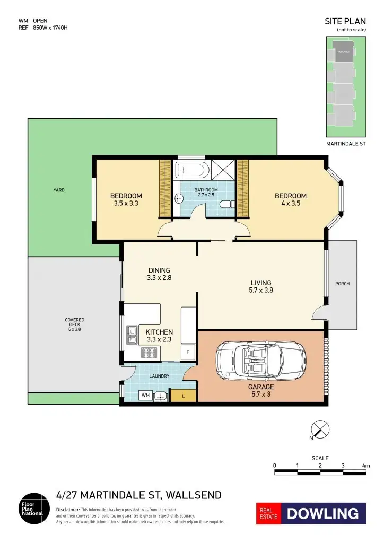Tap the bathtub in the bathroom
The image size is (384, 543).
(191, 170)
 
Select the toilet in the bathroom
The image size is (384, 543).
(226, 204)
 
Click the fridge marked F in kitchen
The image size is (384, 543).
(188, 352)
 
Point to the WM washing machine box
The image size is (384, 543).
(145, 396)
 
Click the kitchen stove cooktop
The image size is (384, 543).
(147, 352)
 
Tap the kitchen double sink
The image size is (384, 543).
(132, 334)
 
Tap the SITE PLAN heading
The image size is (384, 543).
(345, 22)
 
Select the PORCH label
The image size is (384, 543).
(343, 284)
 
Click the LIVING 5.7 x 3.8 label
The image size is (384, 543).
(261, 286)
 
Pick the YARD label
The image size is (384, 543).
(59, 190)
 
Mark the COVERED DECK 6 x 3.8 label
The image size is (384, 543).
(75, 325)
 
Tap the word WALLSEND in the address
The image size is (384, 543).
(194, 495)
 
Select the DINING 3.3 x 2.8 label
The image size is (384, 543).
(159, 273)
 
